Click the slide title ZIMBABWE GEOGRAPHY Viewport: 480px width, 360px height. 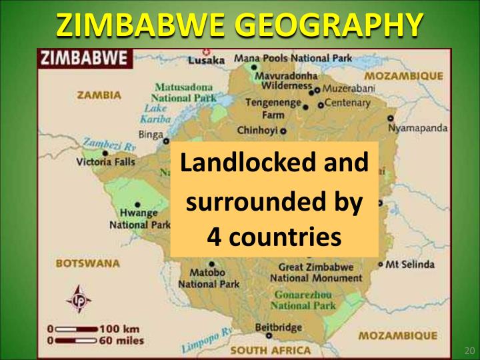point(239,25)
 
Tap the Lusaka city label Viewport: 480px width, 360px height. point(207,60)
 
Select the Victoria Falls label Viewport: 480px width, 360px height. point(105,162)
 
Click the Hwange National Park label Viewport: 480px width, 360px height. point(139,219)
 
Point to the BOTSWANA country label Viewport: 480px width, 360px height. point(89,263)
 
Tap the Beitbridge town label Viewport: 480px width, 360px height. point(279,327)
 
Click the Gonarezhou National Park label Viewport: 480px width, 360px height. point(303,300)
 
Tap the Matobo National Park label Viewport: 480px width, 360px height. point(208,278)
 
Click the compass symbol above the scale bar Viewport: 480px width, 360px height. point(78,299)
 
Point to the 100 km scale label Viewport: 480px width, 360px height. point(120,329)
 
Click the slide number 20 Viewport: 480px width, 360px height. point(468,351)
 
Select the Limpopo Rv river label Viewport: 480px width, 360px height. point(207,339)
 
